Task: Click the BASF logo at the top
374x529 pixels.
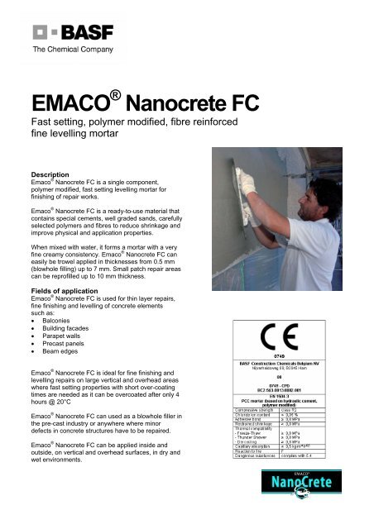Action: (x=63, y=35)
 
